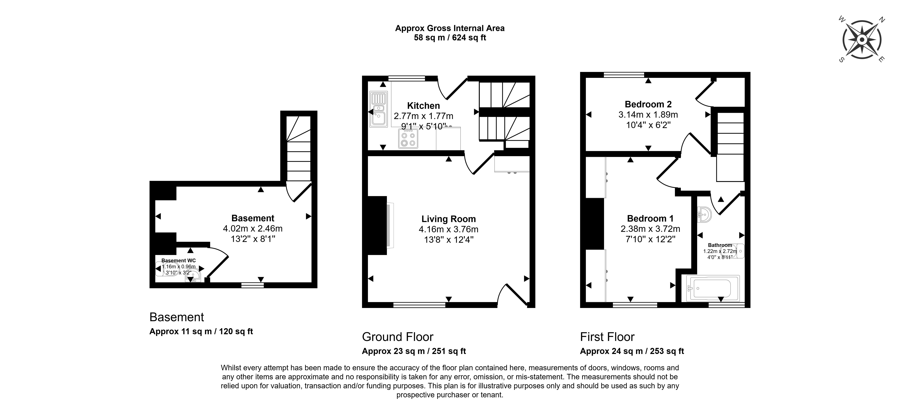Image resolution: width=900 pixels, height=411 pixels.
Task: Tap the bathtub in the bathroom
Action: click(x=713, y=288)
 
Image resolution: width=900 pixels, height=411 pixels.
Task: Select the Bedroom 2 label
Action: click(x=648, y=104)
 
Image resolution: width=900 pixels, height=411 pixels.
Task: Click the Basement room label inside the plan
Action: click(x=253, y=218)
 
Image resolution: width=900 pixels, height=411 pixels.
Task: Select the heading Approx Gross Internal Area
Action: click(x=450, y=28)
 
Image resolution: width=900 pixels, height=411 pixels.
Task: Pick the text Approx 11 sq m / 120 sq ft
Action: click(x=201, y=331)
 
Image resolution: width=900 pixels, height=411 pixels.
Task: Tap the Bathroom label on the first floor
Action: click(x=720, y=245)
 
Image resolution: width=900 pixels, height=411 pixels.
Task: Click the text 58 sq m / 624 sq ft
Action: click(x=450, y=38)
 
